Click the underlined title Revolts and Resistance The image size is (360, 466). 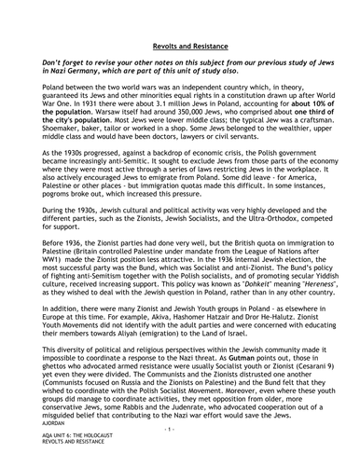click(x=179, y=44)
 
